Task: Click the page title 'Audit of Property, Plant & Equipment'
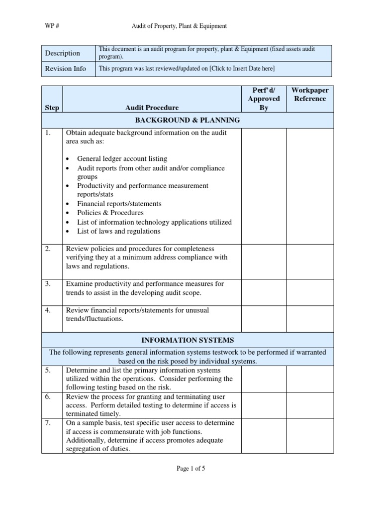pos(179,26)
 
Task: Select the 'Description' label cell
pos(63,53)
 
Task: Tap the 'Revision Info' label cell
pos(66,69)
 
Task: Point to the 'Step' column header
pos(52,108)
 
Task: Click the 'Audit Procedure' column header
pos(152,108)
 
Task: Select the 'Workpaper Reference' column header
pos(309,95)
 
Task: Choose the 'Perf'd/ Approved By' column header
pos(264,99)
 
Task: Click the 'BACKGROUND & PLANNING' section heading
pos(188,120)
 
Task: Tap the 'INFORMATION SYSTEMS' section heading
pos(188,340)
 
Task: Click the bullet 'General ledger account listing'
pos(122,158)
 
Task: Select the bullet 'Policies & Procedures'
pos(110,213)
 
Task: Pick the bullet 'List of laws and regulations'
pos(118,231)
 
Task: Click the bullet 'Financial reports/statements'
pos(119,204)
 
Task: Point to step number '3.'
pos(48,284)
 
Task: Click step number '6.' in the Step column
pos(48,397)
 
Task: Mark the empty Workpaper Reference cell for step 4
pos(309,319)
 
